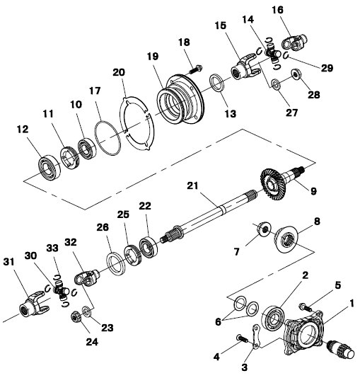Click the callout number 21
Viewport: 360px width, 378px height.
point(192,186)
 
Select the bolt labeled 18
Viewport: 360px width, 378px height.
point(196,69)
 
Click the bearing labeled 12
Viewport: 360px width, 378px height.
point(50,168)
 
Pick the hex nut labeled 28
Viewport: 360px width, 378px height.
point(296,74)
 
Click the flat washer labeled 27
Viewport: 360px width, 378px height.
point(276,84)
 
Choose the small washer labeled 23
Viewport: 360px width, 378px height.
point(86,311)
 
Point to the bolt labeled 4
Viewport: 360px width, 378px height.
point(243,338)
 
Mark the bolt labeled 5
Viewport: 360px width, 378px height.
point(306,307)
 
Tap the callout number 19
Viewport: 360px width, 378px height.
point(153,57)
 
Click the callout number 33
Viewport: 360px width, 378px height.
point(53,248)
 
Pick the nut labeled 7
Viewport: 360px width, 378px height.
point(264,229)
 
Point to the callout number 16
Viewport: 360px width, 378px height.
point(278,10)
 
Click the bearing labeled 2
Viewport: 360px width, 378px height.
point(274,317)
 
